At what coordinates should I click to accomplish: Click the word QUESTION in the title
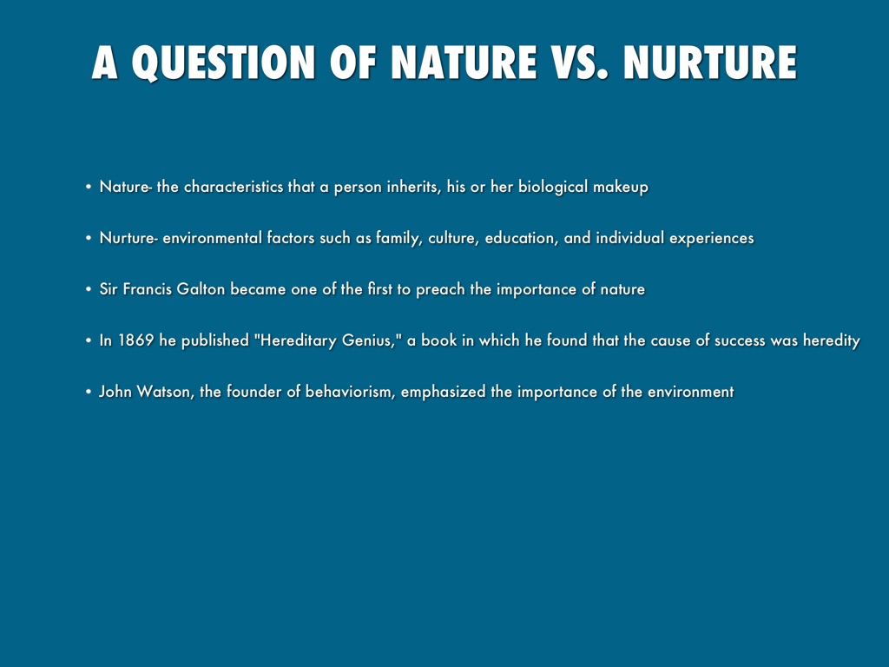tap(223, 62)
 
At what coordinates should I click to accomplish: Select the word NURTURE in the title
tap(710, 62)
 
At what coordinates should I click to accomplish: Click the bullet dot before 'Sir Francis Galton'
tap(89, 289)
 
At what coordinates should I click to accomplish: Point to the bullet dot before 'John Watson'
tap(89, 392)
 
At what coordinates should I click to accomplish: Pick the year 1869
tap(135, 340)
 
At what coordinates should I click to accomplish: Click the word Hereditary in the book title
tap(295, 340)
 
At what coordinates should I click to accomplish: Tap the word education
tap(521, 238)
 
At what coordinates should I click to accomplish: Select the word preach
tap(440, 289)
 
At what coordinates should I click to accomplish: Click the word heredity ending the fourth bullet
tap(831, 340)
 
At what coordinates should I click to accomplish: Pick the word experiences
tap(712, 238)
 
